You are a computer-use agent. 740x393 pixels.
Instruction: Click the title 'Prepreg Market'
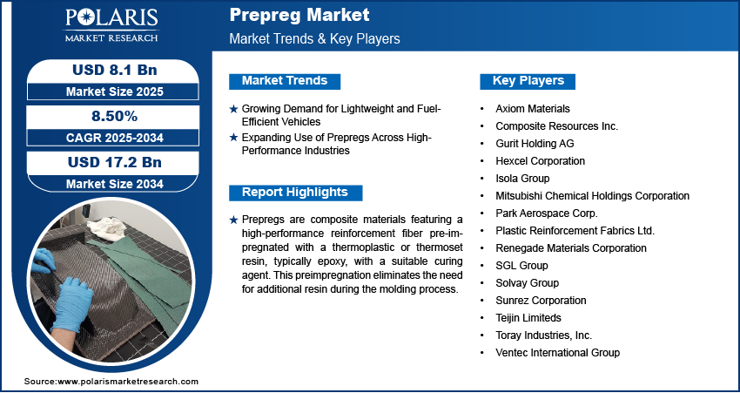pos(299,16)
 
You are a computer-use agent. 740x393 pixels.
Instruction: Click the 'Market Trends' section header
pos(285,81)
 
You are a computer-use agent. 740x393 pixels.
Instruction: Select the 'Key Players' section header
pos(528,81)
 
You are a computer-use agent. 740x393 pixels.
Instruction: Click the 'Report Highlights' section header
pos(294,192)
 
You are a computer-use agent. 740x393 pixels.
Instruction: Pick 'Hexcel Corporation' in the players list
pos(540,161)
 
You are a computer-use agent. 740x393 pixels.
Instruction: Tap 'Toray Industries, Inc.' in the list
pos(543,335)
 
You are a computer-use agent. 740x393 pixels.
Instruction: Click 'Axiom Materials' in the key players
pos(533,109)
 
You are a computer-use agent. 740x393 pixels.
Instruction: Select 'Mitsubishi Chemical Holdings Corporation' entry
pos(592,196)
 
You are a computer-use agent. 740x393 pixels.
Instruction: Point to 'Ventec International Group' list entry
pos(557,353)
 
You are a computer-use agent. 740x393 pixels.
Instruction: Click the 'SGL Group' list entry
pos(521,266)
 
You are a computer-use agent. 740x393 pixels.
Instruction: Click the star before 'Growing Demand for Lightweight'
pos(233,109)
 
